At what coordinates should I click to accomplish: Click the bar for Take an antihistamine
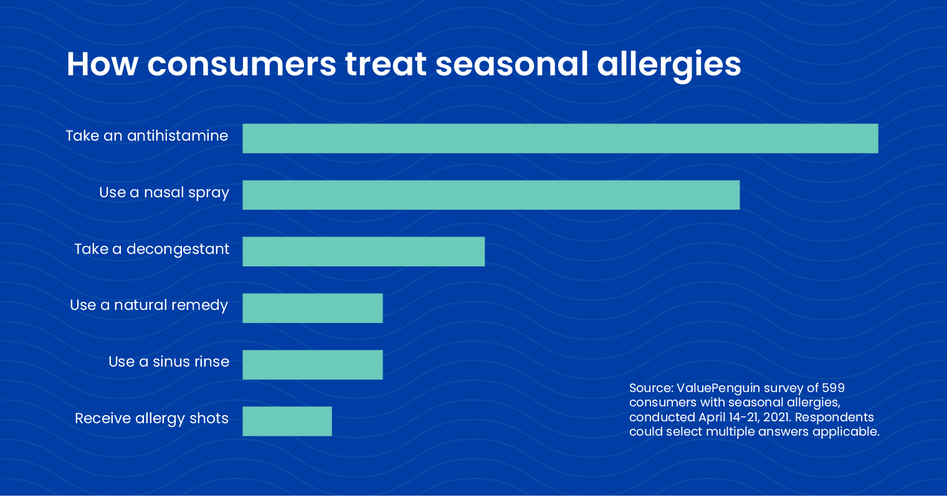(x=560, y=138)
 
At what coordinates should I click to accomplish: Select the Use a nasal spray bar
(x=491, y=195)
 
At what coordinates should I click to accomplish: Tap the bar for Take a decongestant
(x=364, y=251)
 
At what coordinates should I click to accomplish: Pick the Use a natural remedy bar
(x=313, y=308)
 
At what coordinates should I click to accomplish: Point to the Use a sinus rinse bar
(x=313, y=365)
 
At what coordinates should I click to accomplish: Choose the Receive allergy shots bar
(x=287, y=421)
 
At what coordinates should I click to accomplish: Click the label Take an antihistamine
(x=146, y=136)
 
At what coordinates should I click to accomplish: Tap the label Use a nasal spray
(x=164, y=193)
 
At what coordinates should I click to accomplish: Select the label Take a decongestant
(x=152, y=250)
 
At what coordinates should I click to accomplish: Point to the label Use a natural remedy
(x=149, y=305)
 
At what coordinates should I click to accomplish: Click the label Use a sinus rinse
(x=169, y=362)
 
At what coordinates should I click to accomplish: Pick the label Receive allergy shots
(x=151, y=419)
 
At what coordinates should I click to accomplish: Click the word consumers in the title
(x=241, y=64)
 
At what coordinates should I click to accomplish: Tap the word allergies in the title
(x=669, y=66)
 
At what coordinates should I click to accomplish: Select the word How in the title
(x=102, y=64)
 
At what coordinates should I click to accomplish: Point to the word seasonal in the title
(x=512, y=64)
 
